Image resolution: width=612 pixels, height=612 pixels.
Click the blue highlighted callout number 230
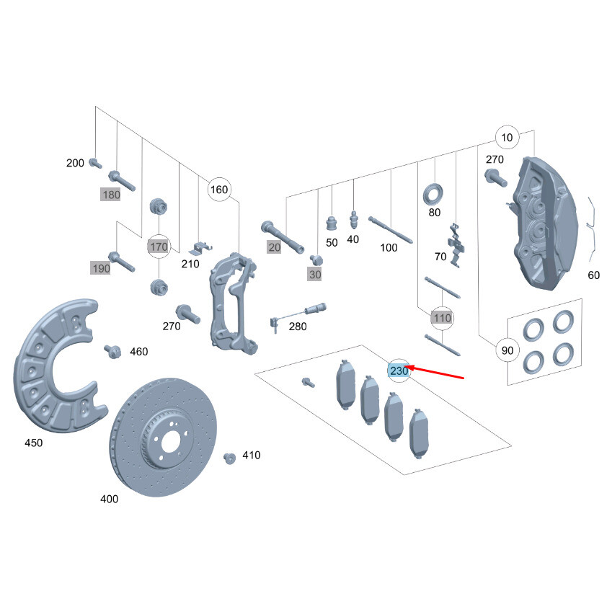[x=399, y=371]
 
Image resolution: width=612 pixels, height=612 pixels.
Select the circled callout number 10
[x=507, y=138]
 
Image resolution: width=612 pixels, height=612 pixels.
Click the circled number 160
[x=218, y=190]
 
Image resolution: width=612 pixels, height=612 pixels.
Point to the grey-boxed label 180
[x=111, y=195]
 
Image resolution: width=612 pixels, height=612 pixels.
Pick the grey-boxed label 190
[x=101, y=268]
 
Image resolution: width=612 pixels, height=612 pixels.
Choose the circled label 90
[x=507, y=351]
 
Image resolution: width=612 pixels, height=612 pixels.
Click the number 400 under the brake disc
[x=110, y=498]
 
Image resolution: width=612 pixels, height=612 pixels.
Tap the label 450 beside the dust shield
[x=33, y=443]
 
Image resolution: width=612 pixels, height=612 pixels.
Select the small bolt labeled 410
[x=230, y=457]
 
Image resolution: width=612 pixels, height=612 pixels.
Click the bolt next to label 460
[x=112, y=351]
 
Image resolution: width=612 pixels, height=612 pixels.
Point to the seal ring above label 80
[x=433, y=193]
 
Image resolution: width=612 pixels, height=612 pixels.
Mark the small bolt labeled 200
[x=95, y=164]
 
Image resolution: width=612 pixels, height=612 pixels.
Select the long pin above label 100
[x=389, y=229]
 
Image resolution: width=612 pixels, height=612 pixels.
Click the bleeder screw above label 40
[x=353, y=218]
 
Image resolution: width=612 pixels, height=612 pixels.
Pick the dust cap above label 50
[x=332, y=223]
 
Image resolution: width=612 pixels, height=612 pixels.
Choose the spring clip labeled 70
[x=454, y=242]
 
